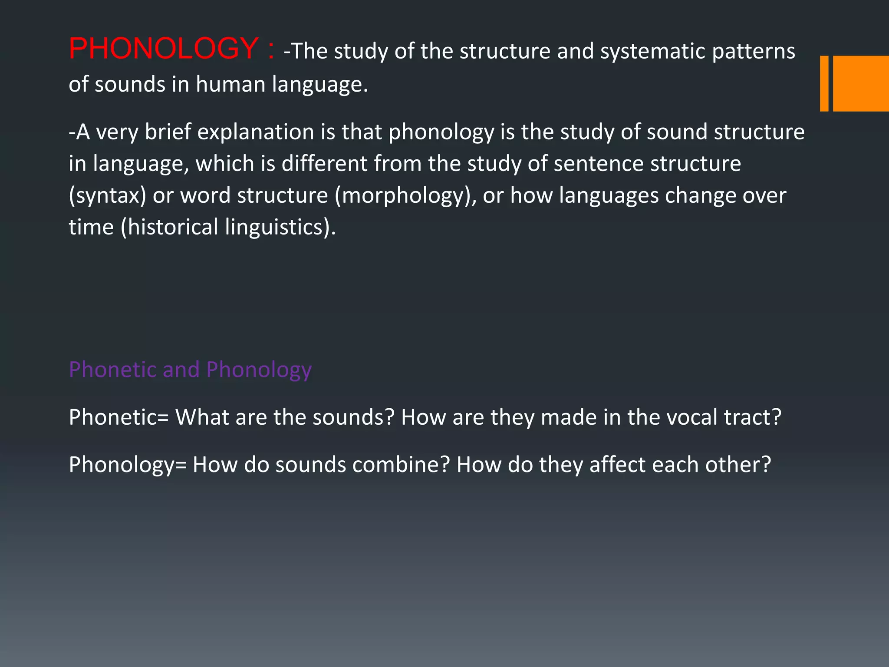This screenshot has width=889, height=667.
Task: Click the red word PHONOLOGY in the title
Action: coord(164,48)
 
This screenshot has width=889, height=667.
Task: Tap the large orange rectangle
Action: coord(861,83)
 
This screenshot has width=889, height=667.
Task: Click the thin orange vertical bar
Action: coord(824,83)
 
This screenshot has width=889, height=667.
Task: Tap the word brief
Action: coord(168,132)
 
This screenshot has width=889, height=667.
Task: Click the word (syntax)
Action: coord(107,195)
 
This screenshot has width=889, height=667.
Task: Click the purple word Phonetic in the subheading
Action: coord(112,370)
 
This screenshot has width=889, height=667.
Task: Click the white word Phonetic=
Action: coord(119,417)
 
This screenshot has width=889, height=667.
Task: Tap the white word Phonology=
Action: coord(128,465)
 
